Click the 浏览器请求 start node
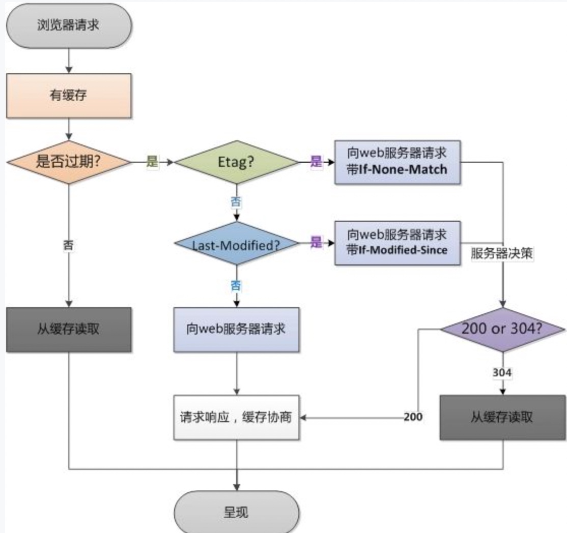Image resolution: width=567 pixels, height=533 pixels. click(69, 25)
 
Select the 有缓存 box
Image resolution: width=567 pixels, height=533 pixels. click(69, 96)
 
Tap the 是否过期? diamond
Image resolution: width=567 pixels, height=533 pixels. click(69, 162)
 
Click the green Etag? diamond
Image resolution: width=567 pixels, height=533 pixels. click(237, 162)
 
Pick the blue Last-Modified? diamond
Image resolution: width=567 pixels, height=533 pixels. click(237, 243)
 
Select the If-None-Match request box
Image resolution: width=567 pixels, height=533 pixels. click(398, 162)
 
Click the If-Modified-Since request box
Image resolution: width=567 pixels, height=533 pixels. click(398, 243)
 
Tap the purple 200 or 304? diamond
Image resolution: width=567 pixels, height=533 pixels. click(503, 330)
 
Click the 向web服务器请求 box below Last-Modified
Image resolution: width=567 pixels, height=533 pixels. click(237, 330)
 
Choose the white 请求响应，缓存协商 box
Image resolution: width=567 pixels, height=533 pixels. click(237, 418)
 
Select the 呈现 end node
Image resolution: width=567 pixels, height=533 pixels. click(237, 512)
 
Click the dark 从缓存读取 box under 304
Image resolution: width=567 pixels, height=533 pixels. click(503, 418)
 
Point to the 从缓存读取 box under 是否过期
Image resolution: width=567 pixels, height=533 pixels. click(69, 330)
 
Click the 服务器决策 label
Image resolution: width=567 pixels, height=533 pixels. click(502, 253)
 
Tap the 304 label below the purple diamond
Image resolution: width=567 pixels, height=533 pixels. click(502, 373)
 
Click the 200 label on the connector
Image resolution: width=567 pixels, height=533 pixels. click(413, 417)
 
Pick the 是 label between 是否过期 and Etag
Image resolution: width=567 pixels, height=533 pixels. click(152, 161)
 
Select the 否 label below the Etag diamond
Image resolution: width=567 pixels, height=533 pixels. click(236, 202)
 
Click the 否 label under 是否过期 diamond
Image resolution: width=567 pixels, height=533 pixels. click(68, 246)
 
